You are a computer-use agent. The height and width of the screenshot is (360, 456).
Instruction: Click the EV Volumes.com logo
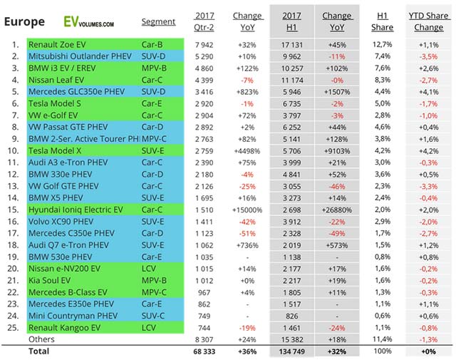[x=87, y=21]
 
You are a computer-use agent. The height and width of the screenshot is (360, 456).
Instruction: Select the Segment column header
[x=158, y=22]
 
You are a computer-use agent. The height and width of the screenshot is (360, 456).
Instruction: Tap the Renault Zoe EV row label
[x=58, y=44]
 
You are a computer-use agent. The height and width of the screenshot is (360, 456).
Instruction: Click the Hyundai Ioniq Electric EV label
[x=76, y=211]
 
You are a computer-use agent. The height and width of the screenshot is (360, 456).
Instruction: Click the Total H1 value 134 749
[x=291, y=351]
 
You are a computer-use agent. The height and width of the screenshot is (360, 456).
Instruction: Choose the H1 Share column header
[x=382, y=21]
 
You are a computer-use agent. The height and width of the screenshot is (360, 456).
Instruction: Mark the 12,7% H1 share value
[x=383, y=44]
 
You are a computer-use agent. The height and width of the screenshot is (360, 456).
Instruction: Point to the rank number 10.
[x=13, y=151]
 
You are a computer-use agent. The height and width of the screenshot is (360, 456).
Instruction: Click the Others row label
[x=41, y=339]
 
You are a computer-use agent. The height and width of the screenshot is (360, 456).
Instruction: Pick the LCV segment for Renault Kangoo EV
[x=149, y=328]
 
